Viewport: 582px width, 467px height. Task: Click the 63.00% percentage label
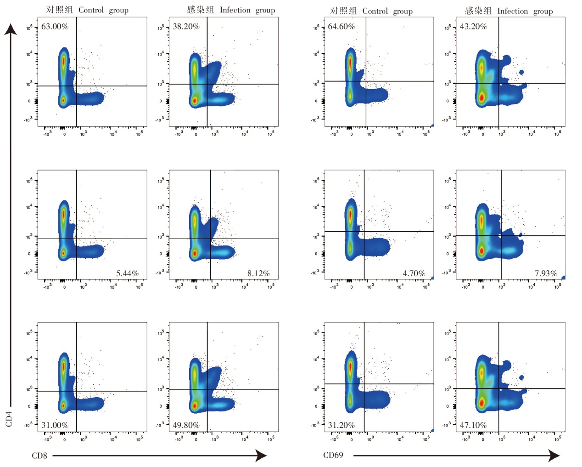(x=55, y=26)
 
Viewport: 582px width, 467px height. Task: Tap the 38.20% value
(x=186, y=26)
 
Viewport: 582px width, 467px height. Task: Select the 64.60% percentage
(x=341, y=26)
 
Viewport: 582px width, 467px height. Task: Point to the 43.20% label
(x=473, y=26)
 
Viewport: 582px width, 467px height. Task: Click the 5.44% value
(x=127, y=273)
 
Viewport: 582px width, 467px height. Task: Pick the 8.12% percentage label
(x=258, y=273)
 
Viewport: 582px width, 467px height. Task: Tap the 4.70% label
(x=414, y=273)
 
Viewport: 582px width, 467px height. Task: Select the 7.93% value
(x=545, y=273)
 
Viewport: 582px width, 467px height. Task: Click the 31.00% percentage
(x=55, y=425)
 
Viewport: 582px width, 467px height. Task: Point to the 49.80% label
(x=186, y=425)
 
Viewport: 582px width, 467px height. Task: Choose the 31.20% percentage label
(x=341, y=425)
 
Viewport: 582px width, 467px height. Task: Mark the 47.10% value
(x=473, y=425)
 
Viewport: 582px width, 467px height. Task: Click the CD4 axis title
(x=9, y=419)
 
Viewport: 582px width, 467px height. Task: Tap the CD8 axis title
(x=39, y=456)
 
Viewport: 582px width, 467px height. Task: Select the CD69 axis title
(x=333, y=455)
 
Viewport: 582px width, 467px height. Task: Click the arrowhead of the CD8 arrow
(x=262, y=456)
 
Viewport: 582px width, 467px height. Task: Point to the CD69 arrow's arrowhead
(x=555, y=456)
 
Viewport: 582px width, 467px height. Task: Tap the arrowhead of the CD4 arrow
(x=11, y=29)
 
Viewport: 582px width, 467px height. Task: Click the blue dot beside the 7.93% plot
(x=563, y=277)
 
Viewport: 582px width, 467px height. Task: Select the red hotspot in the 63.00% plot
(x=63, y=61)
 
